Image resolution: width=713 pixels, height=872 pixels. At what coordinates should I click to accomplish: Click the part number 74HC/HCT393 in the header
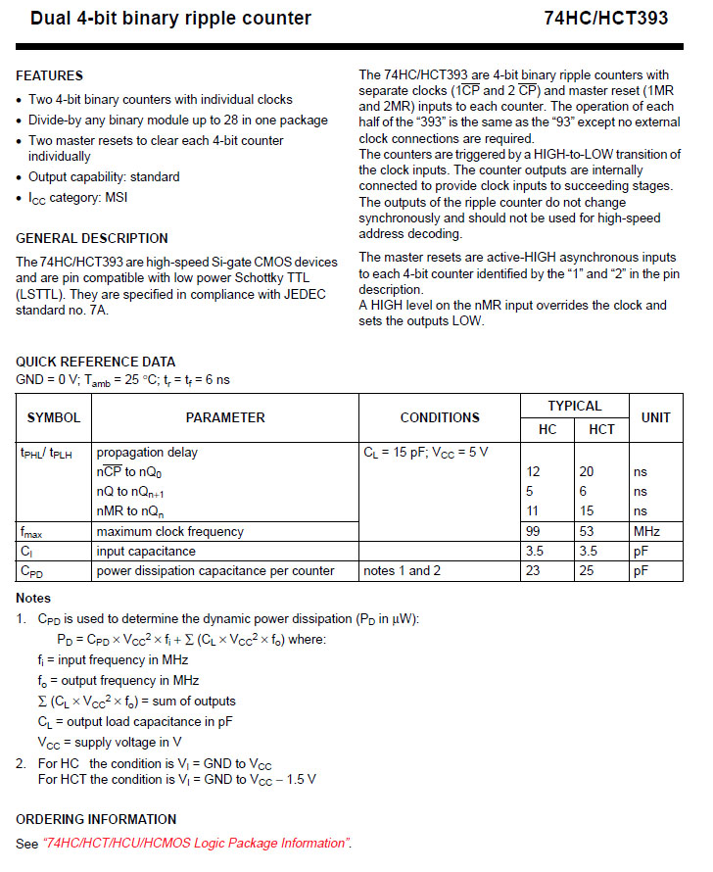(x=613, y=19)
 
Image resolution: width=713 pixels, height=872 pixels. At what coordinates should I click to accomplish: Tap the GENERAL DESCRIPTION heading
(x=92, y=238)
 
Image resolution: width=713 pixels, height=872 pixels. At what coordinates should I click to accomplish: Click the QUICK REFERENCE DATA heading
(x=96, y=362)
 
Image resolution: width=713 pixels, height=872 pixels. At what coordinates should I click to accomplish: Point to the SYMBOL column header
(x=54, y=417)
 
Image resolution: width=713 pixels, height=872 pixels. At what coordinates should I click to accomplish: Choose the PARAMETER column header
(x=225, y=417)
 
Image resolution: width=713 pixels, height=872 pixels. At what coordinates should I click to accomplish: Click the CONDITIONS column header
(x=440, y=417)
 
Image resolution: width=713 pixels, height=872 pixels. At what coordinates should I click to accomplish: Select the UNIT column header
(x=655, y=417)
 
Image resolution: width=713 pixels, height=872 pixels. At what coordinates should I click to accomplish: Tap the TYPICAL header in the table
(x=574, y=406)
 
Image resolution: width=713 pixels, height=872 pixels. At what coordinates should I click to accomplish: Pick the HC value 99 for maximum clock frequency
(x=534, y=531)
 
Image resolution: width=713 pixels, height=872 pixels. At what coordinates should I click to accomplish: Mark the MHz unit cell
(x=646, y=531)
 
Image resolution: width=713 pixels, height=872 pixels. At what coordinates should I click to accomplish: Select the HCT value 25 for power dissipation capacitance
(x=587, y=570)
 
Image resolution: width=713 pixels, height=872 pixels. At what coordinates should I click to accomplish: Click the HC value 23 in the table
(x=534, y=570)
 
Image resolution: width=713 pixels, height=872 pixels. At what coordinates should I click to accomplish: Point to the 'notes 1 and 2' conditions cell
(x=403, y=570)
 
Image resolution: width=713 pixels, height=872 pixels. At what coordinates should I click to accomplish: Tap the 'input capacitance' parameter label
(x=146, y=551)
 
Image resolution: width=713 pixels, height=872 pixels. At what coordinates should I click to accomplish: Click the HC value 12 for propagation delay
(x=534, y=471)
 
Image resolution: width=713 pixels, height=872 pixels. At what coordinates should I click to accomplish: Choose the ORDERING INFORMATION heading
(x=96, y=819)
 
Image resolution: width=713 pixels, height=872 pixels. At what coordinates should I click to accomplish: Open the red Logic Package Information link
(x=196, y=843)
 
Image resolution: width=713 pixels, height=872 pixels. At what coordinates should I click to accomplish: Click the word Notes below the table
(x=33, y=598)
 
